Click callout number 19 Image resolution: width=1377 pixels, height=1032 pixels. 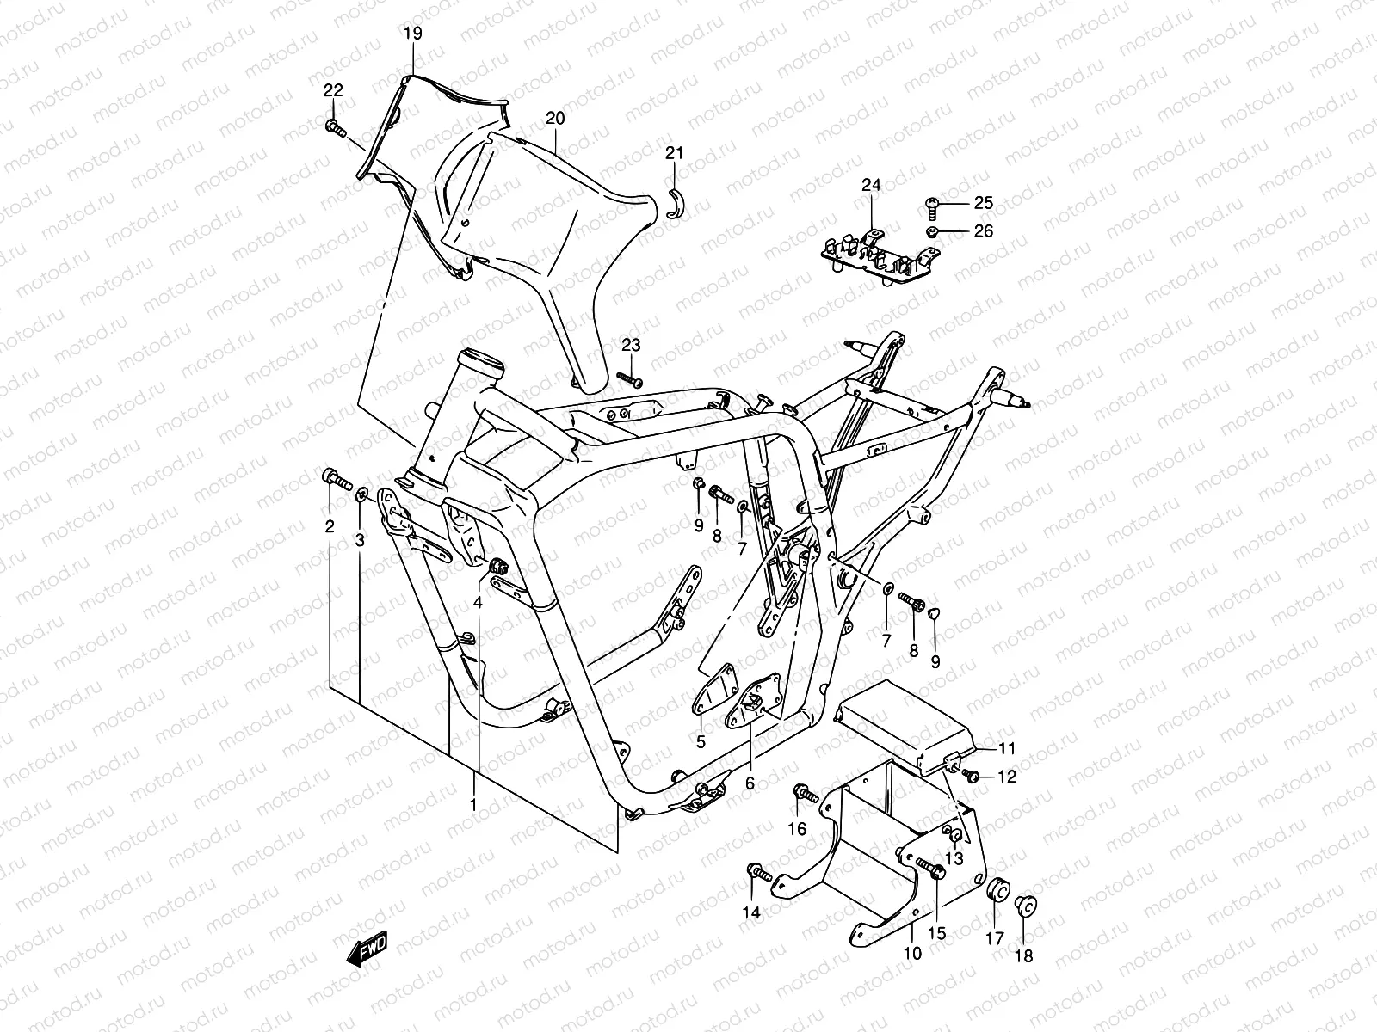point(413,34)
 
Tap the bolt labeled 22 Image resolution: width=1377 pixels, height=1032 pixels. point(335,129)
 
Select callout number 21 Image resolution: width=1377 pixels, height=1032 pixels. point(698,153)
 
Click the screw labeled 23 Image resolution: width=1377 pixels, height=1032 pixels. point(630,378)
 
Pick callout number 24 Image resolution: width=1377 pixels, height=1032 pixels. point(871,185)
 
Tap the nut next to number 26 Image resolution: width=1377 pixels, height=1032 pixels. point(933,231)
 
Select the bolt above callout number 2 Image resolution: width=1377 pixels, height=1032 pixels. point(334,478)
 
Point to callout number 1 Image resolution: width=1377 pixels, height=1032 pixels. point(472,804)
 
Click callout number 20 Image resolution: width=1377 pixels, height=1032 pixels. point(555,118)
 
